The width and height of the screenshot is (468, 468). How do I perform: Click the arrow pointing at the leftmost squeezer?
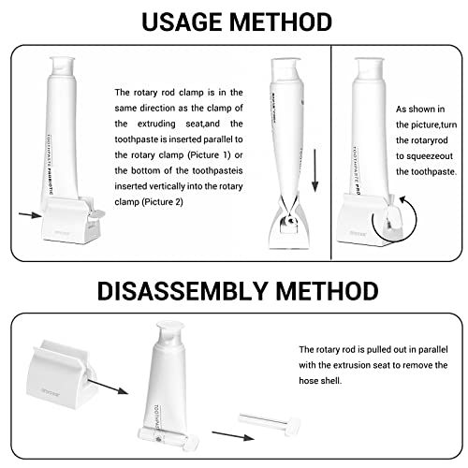click(x=30, y=214)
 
